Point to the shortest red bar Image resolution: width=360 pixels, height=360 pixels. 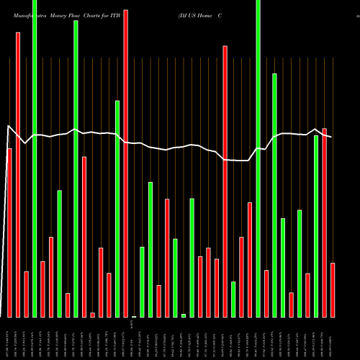92,315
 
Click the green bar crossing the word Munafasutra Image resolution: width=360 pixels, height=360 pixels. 35,158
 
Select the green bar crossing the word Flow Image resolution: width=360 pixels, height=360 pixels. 76,169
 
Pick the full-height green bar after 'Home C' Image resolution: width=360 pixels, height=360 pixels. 258,158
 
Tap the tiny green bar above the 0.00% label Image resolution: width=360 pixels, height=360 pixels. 134,316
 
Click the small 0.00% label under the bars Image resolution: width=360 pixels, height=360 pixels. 133,325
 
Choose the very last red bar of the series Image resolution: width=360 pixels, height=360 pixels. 333,290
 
